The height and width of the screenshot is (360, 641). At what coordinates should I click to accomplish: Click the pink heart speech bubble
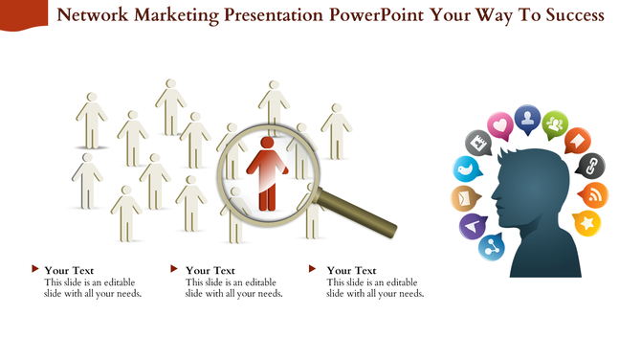(x=499, y=125)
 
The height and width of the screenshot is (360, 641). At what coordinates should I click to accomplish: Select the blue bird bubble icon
(x=465, y=170)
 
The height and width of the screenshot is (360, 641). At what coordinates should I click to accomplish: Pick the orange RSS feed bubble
(x=594, y=195)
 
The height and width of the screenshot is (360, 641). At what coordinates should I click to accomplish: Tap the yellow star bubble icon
(x=586, y=224)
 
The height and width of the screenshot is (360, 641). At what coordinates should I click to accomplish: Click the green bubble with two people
(x=555, y=124)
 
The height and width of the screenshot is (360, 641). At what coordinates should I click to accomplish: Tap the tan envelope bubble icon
(x=463, y=198)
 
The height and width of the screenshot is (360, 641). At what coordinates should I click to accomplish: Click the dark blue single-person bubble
(x=526, y=118)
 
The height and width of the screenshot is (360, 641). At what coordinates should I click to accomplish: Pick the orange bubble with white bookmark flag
(x=579, y=141)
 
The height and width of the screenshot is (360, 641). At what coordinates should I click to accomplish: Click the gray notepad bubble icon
(x=477, y=144)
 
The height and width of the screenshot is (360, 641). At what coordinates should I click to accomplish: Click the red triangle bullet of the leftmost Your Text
(x=35, y=269)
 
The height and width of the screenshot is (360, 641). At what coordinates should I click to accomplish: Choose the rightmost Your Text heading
(x=351, y=270)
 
